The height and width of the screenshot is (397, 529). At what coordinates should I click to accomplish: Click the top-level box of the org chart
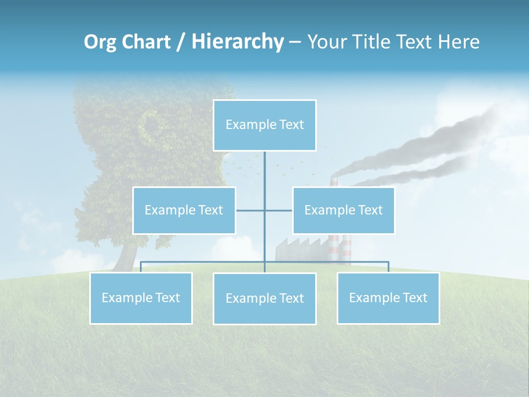pos(264,125)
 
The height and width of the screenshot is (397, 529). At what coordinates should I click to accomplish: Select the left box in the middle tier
pos(184,210)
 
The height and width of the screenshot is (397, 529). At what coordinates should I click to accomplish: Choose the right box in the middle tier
pos(343,210)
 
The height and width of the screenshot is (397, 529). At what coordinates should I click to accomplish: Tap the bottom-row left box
pos(141,298)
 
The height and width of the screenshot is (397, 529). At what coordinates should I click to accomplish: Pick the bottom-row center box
pos(264,298)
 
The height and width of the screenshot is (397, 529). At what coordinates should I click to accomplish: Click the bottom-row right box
pos(388,298)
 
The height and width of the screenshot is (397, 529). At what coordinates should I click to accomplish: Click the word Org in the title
pos(100,42)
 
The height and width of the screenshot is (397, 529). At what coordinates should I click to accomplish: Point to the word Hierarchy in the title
pos(237,42)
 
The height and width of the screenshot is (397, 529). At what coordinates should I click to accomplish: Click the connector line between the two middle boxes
pos(264,210)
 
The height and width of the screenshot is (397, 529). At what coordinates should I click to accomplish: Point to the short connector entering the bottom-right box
pos(388,267)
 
